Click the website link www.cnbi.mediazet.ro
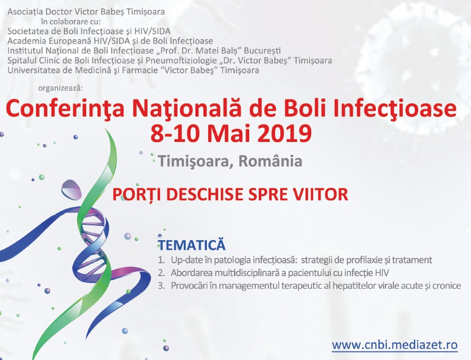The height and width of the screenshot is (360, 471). (395, 345)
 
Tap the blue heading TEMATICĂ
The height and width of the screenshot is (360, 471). (192, 244)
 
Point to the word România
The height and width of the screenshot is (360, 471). (270, 161)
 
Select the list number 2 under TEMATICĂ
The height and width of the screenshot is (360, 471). (161, 273)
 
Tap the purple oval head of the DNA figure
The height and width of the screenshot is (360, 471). (71, 189)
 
